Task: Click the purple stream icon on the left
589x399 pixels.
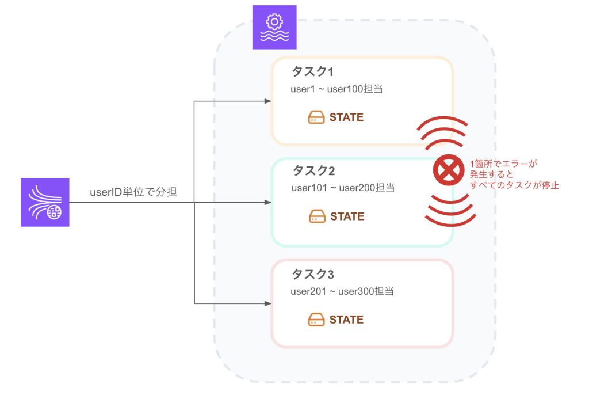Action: pos(45,202)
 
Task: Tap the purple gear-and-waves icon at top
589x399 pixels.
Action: pos(274,27)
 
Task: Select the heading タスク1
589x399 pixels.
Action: pos(313,72)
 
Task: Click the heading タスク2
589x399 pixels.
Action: pos(313,171)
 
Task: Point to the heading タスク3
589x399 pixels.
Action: pos(313,274)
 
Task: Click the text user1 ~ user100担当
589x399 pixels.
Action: pos(337,89)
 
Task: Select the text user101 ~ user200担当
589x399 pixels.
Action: pos(343,188)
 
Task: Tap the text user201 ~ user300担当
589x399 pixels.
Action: pos(342,291)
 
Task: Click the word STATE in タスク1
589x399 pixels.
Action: pos(346,117)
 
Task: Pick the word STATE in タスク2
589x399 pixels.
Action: pos(347,216)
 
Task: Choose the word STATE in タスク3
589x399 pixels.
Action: pos(346,320)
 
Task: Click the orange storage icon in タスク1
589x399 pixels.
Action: pos(316,117)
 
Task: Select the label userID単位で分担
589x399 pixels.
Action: pos(133,193)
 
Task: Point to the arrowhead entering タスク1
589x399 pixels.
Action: pos(267,101)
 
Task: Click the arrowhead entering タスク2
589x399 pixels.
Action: pos(267,202)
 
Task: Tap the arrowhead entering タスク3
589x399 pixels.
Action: pos(267,303)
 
